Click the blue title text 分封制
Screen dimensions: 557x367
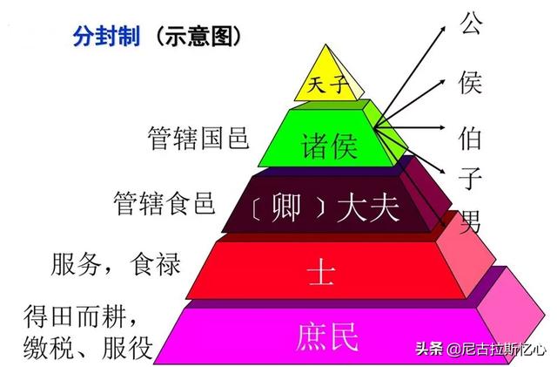(x=106, y=36)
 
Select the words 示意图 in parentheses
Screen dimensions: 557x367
(x=198, y=36)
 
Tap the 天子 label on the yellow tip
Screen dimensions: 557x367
(x=327, y=85)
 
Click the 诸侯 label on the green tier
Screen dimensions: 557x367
(x=329, y=146)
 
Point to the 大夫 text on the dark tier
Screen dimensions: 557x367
(x=367, y=208)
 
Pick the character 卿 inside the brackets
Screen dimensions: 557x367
(x=286, y=207)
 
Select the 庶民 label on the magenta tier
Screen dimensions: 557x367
(x=327, y=337)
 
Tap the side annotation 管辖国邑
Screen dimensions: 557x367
(x=198, y=138)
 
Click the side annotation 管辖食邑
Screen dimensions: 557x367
(x=164, y=203)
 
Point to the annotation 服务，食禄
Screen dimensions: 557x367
(x=116, y=264)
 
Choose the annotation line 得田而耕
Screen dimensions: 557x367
(x=80, y=316)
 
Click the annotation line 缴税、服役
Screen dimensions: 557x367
(x=88, y=347)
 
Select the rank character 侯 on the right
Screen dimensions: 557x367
(x=470, y=82)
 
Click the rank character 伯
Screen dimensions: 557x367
(x=470, y=138)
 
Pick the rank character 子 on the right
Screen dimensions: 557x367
(x=470, y=178)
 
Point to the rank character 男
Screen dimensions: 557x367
(x=470, y=221)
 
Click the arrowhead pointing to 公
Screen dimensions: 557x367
(x=443, y=29)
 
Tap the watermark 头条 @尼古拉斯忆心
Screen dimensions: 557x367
(x=480, y=349)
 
